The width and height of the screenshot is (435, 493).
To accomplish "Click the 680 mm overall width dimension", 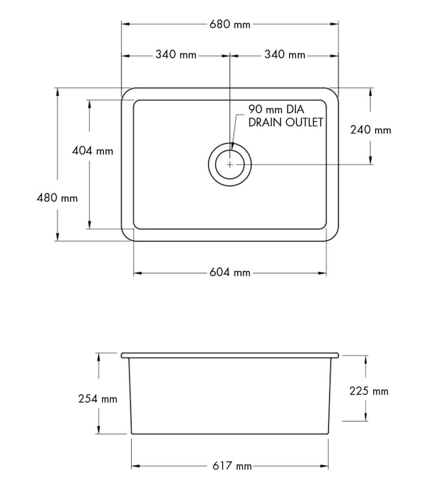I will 230,24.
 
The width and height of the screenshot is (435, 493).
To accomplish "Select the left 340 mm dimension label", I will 176,55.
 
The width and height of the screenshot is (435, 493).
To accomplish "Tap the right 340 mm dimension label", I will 284,55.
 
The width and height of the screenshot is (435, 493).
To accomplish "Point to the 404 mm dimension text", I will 92,151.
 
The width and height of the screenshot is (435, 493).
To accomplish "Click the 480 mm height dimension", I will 57,198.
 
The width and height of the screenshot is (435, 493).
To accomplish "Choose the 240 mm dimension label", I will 371,130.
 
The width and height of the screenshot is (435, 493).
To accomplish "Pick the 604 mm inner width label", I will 230,273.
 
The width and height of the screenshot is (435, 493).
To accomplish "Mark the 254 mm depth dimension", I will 97,398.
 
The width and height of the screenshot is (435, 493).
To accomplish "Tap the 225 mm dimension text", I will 368,391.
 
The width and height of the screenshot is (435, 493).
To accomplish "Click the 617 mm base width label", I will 232,466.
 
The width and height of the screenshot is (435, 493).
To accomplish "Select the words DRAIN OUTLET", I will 285,122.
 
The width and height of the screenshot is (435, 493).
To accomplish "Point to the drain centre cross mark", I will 230,164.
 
